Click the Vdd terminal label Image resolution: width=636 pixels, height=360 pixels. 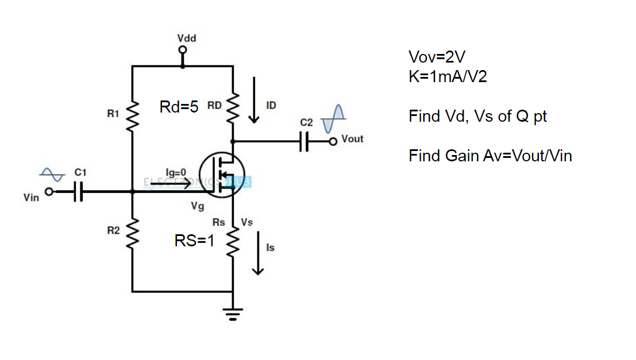click(186, 38)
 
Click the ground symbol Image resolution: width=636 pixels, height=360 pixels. click(233, 313)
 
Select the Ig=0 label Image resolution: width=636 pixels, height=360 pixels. click(176, 172)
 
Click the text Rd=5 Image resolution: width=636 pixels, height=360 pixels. click(179, 107)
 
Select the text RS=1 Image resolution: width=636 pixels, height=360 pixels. click(194, 241)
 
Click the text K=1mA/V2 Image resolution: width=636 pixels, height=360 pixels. click(448, 76)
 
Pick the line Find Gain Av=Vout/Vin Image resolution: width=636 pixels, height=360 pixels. click(490, 156)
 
